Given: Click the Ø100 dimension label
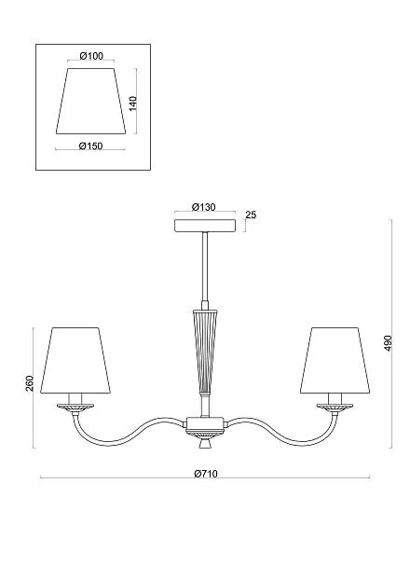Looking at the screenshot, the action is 91,56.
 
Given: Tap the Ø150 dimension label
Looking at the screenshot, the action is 90,146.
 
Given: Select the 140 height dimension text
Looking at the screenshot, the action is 133,104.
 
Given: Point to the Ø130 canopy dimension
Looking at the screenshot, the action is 204,207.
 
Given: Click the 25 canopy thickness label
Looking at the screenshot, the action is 251,214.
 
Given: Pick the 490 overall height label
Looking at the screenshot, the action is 388,344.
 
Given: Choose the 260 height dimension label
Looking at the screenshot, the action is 29,383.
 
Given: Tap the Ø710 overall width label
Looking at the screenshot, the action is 206,474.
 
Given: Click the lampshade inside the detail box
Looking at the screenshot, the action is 90,101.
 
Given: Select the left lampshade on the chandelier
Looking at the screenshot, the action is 75,360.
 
